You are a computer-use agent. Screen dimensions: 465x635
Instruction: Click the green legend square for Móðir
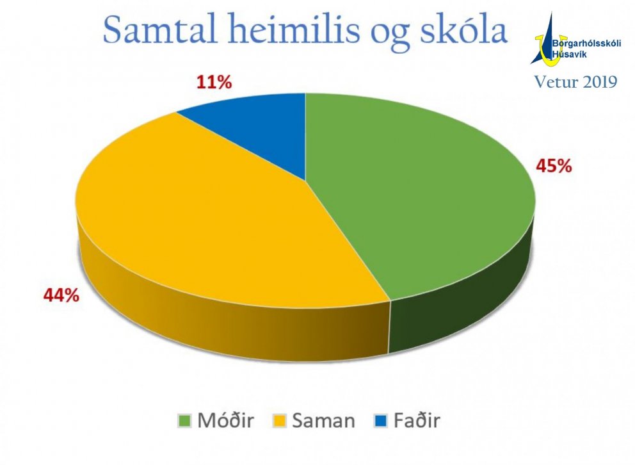(185, 421)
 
